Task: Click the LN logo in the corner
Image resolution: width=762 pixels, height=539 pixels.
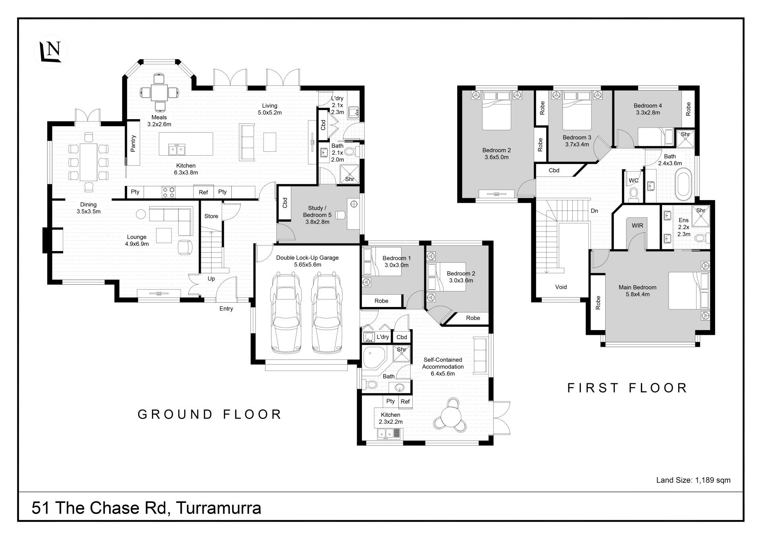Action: pos(51,52)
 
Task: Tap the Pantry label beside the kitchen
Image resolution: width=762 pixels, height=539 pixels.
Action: pos(133,144)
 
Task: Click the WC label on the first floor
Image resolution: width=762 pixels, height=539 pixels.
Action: pos(633,180)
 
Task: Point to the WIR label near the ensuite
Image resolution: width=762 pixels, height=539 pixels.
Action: pos(637,226)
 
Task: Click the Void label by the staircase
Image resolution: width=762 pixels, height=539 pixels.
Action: pos(561,287)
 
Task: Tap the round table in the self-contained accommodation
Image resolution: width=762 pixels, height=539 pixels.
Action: pos(452,416)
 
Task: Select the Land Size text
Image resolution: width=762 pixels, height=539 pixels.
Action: pos(693,480)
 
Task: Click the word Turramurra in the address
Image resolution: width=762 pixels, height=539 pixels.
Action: pos(218,508)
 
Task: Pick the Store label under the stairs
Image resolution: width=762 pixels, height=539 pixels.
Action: pos(211,216)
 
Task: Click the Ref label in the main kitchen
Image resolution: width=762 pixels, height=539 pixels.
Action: pos(203,192)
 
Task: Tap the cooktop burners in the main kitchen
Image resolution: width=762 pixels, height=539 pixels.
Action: pos(168,192)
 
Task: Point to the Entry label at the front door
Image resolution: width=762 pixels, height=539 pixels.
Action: pos(226,309)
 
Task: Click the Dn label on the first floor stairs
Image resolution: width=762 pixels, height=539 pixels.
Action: pos(594,211)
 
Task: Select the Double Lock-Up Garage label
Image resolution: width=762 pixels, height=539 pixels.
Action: pos(307,261)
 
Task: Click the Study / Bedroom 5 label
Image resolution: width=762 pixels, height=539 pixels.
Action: pos(317,215)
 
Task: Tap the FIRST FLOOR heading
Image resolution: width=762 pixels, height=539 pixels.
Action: pos(627,388)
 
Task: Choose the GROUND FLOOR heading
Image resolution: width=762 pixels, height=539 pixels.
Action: pos(210,414)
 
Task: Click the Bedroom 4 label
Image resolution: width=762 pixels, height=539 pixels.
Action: pos(648,109)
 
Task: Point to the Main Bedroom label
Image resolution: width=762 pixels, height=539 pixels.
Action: pos(637,291)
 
